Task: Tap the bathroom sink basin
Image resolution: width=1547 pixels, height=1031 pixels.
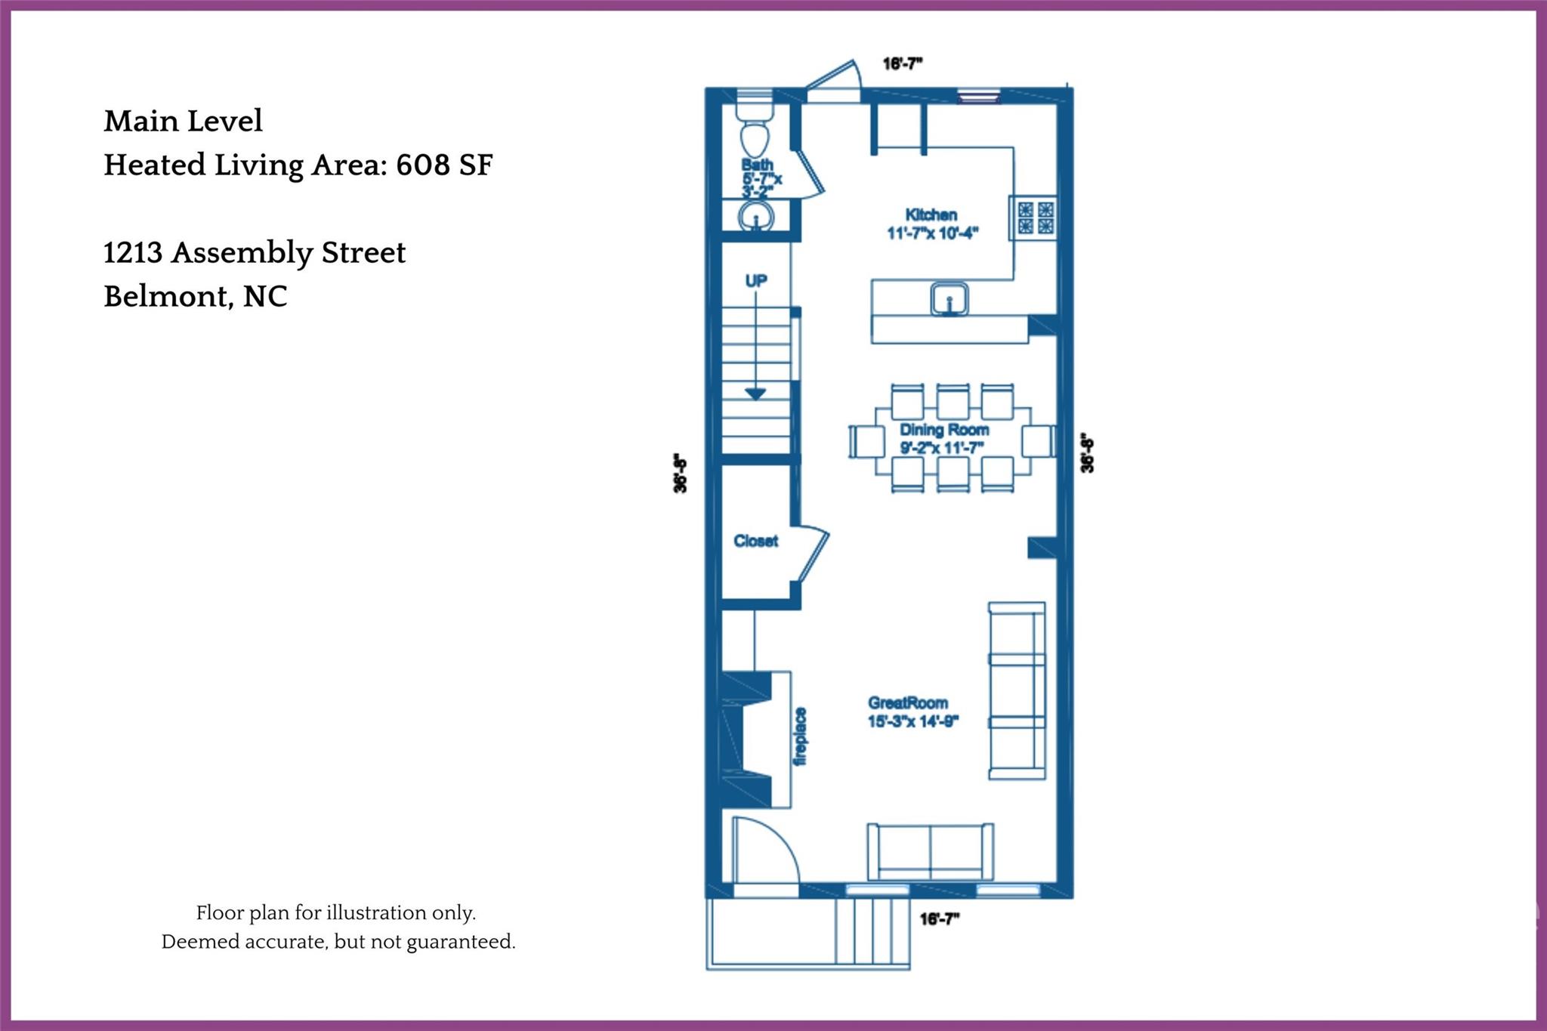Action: tap(755, 218)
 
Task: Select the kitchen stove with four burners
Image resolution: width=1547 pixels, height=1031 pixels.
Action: tap(1035, 218)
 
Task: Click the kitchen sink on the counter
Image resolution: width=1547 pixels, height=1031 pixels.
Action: tap(950, 299)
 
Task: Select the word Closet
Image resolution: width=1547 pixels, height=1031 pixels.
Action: tap(755, 541)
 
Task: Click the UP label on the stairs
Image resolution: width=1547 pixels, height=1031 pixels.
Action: tap(756, 281)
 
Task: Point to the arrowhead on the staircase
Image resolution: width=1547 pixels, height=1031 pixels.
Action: tap(756, 394)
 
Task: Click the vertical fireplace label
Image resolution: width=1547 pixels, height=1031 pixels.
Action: tap(801, 736)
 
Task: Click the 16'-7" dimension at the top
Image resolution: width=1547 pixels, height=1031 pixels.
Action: tap(903, 64)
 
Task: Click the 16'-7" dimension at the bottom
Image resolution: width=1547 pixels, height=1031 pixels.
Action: tap(939, 919)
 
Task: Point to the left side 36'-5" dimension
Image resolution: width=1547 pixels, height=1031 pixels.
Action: tap(681, 474)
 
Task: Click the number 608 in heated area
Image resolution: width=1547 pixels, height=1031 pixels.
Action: tap(422, 165)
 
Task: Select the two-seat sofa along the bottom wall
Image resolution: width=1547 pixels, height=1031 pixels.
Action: tap(931, 852)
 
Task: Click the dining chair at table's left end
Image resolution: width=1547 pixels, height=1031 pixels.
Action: tap(866, 441)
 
